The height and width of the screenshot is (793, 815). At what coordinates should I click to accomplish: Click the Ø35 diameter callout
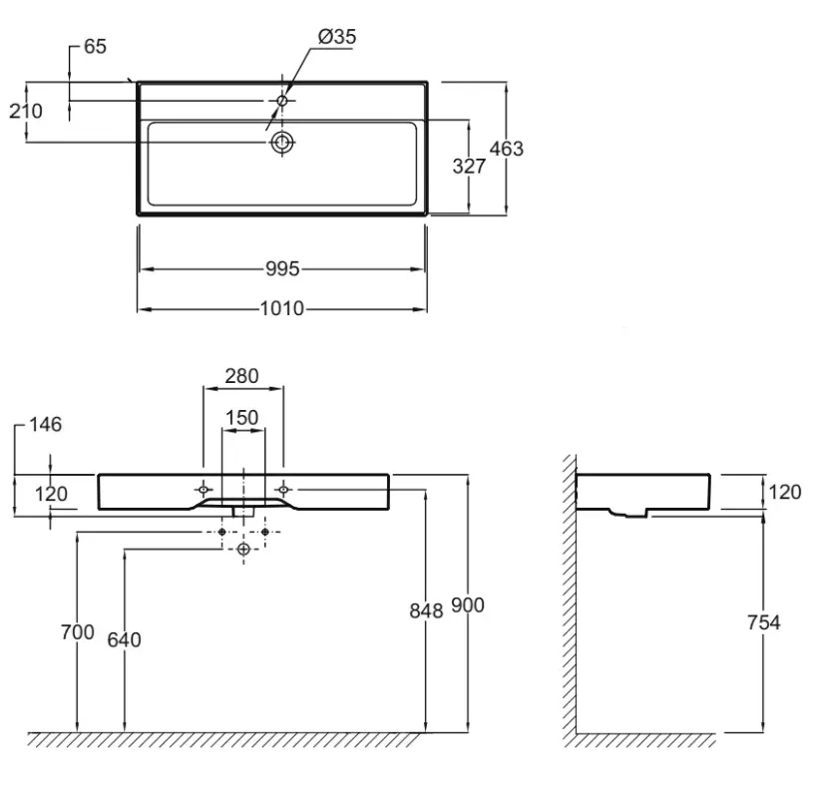coord(337,37)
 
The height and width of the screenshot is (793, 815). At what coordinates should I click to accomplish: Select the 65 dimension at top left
coord(95,46)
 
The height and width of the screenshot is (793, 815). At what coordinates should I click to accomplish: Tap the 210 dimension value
coord(26,111)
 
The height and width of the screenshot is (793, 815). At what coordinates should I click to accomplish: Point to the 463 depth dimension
coord(506,149)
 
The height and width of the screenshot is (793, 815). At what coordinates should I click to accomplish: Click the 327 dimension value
coord(469,167)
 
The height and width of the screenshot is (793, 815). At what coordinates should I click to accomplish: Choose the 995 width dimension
coord(282,268)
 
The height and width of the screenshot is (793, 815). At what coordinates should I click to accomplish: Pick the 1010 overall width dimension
coord(281,308)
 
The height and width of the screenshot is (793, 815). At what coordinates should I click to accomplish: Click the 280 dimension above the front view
coord(241,376)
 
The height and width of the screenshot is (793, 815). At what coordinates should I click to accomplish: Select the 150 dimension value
coord(241,417)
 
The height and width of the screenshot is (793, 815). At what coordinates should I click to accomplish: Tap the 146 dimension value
coord(45,425)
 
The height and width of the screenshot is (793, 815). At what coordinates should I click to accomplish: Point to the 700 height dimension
coord(78,631)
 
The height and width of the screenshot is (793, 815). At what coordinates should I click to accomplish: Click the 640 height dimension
coord(125,639)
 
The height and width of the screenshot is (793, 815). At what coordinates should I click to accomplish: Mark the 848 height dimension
coord(426,611)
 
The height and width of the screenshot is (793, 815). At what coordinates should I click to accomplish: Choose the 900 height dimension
coord(468,605)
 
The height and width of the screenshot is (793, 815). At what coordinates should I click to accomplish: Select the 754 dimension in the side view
coord(764,622)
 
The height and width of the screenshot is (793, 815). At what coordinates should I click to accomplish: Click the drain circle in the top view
coord(282,142)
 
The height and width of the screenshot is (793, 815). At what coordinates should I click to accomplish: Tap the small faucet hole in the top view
coord(282,101)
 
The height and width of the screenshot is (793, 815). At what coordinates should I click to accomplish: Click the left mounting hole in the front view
coord(204,489)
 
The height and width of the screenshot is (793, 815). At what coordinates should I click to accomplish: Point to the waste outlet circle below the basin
coord(243,549)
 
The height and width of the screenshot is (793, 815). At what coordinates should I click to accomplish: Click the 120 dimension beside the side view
coord(785,492)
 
